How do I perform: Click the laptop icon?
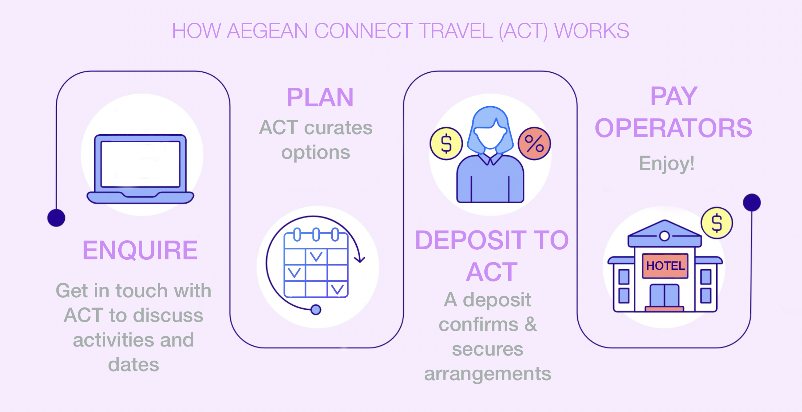140,169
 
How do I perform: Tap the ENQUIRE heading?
140,250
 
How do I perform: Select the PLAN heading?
320,98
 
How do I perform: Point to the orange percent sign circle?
534,144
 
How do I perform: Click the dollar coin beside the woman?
446,144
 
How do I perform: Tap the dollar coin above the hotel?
717,223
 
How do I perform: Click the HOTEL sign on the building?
665,266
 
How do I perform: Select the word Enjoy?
666,163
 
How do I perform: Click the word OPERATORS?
673,128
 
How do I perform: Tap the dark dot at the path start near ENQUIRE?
56,218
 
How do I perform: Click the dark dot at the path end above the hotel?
752,203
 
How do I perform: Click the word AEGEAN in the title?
267,31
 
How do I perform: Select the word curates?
338,128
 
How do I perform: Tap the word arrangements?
487,374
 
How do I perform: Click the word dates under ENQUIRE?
133,365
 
